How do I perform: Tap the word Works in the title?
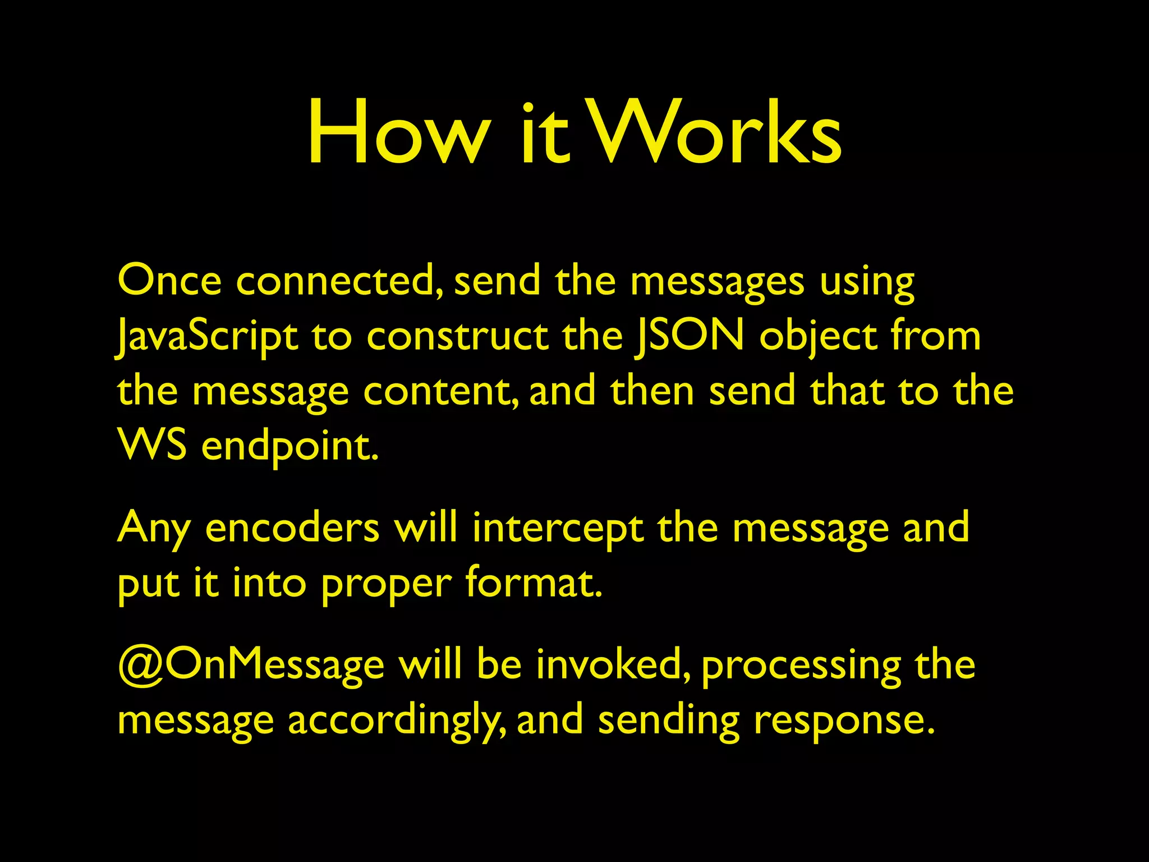[716, 134]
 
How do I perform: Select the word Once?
[169, 280]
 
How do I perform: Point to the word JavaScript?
[207, 336]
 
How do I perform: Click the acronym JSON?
[690, 336]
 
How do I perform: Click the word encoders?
[292, 528]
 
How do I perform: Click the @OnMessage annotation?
[251, 664]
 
